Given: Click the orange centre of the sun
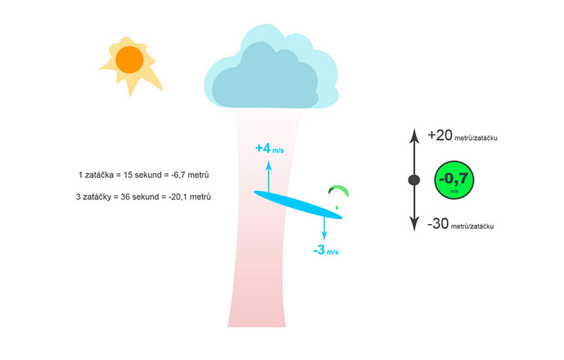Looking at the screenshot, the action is [130, 60].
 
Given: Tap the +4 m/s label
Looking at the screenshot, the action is [269, 149].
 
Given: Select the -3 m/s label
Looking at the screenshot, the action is [326, 250].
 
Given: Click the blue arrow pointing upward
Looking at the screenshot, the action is [269, 177].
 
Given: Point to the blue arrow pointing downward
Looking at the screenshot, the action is [324, 228].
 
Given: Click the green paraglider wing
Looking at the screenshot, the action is [338, 190].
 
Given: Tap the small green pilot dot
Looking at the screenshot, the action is [337, 208].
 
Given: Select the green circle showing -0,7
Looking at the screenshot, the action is [454, 180].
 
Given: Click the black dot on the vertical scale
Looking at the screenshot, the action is [415, 180].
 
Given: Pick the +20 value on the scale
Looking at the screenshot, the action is [440, 135].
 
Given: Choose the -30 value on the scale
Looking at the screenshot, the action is [438, 224].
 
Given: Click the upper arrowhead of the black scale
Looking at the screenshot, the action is [415, 135].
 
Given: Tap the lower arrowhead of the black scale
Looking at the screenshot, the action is [415, 224].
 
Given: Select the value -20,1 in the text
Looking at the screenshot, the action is [178, 197].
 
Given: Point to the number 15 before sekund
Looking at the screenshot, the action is [128, 175].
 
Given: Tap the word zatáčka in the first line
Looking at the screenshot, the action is [99, 175].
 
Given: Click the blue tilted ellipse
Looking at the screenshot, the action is [298, 205].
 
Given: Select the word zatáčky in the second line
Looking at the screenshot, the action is [97, 197].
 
